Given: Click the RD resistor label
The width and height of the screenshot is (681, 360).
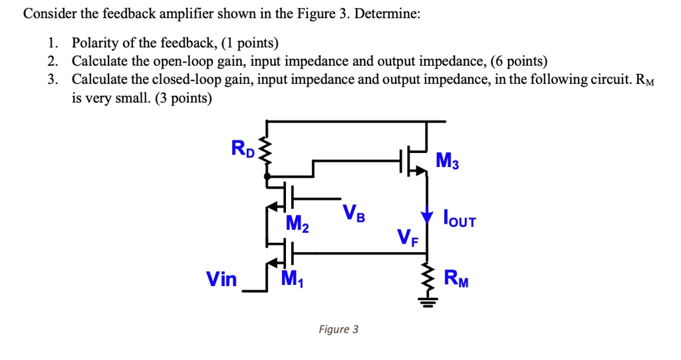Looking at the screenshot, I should tap(243, 148).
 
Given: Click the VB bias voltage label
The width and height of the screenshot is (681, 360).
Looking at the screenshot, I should tap(354, 214).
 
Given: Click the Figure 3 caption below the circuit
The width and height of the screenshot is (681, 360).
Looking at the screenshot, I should tap(338, 329).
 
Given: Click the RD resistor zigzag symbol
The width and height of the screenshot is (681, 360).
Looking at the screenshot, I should tap(267, 155).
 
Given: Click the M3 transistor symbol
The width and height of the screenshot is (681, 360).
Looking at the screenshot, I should tap(415, 160).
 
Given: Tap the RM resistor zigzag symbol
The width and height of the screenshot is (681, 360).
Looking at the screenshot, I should tap(427, 277).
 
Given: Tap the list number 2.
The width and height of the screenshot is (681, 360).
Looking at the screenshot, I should tap(52, 62).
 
